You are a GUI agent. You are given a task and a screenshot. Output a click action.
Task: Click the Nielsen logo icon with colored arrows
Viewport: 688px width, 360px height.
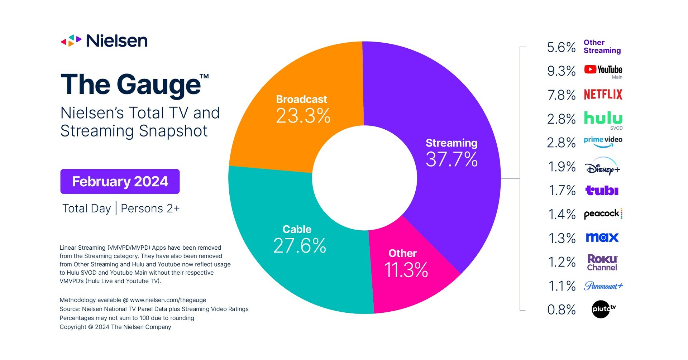71,41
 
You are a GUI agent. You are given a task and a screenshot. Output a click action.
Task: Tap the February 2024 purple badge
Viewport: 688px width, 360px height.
120,182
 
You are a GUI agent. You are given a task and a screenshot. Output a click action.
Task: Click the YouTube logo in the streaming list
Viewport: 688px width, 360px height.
603,69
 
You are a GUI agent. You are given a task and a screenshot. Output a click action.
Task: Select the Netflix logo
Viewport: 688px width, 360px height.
603,95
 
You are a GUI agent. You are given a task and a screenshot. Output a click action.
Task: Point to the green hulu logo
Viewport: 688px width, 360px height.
603,118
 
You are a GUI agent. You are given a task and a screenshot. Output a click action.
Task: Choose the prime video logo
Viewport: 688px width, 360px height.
603,141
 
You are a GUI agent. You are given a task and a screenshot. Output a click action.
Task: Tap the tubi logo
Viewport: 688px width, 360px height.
602,190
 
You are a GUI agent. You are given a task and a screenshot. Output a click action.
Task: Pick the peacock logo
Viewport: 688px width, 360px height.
603,214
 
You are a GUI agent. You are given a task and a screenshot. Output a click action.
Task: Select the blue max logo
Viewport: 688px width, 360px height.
602,237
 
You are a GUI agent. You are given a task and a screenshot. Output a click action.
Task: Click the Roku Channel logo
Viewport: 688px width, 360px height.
602,262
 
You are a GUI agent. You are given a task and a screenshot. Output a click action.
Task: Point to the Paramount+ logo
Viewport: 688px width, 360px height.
603,286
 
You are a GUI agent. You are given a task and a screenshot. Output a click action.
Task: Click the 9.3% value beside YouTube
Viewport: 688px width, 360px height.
561,71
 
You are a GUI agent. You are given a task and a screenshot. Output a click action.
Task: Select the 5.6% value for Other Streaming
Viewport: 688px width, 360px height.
561,47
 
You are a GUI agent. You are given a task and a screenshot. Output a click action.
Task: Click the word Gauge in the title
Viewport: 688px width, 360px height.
158,85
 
